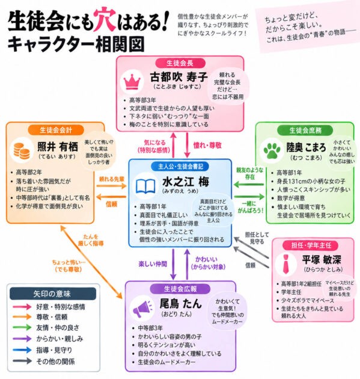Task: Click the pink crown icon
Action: [132, 81]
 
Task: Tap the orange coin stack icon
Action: [22, 150]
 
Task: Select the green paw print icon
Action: [272, 150]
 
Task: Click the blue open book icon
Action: [145, 186]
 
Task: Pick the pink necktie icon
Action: [286, 263]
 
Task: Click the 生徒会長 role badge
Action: [180, 63]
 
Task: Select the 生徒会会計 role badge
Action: [56, 130]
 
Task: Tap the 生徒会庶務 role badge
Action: [305, 131]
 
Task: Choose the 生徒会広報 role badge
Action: [180, 289]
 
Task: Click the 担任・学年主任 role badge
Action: [311, 245]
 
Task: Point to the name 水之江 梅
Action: [186, 182]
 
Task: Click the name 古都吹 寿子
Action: [178, 77]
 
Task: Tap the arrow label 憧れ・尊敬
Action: [207, 145]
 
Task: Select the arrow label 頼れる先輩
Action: [112, 179]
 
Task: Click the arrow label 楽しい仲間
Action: [153, 263]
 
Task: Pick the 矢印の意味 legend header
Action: [53, 294]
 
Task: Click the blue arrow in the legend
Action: [22, 350]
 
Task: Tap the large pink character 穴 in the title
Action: [105, 20]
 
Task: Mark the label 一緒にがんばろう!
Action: [251, 207]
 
